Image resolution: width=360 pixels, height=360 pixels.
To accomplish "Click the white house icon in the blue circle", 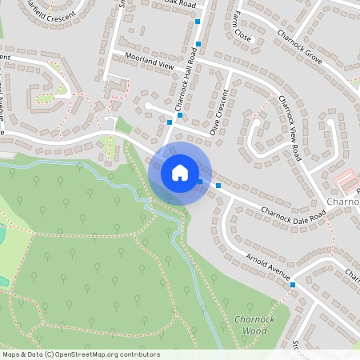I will (179, 172).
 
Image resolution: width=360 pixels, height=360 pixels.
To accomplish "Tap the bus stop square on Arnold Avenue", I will (293, 284).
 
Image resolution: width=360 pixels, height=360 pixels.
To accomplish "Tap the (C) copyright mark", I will (50, 354).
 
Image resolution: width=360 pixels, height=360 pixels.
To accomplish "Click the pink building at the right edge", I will (346, 179).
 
